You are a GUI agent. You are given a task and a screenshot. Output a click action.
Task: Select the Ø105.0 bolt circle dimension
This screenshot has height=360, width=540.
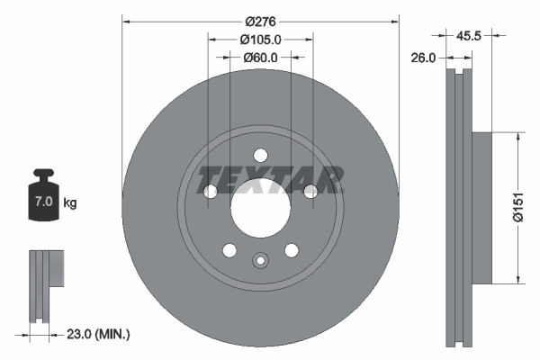coord(261,39)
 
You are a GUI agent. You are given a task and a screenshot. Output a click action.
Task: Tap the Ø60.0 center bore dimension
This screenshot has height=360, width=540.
coord(261,58)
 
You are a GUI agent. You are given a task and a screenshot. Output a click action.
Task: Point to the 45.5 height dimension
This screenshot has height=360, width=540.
coord(468,38)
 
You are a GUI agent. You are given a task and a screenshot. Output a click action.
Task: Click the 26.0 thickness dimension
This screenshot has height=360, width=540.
coord(424,58)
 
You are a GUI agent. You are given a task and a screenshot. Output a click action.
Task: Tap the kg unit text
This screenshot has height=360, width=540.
coord(69,203)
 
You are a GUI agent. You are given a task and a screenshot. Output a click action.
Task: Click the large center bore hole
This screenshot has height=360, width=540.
coord(260,208)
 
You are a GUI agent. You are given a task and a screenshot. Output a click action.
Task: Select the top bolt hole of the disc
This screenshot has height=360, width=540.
coord(260,154)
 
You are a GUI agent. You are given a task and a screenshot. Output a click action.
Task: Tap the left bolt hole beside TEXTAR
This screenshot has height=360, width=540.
coord(211,191)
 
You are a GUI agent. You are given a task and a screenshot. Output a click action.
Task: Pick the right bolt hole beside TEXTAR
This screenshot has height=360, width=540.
coord(310,191)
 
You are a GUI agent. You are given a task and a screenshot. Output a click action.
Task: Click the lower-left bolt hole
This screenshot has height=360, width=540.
coord(229,249)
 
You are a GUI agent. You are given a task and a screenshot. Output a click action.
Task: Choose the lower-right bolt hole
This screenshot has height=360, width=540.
coord(291,249)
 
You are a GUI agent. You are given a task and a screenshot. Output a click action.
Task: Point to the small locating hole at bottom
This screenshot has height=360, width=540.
coord(260,261)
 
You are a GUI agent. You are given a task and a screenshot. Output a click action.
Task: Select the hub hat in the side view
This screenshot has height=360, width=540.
coord(481,207)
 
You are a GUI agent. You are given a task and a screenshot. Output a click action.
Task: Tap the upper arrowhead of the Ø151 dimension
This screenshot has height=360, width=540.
coord(518,137)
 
